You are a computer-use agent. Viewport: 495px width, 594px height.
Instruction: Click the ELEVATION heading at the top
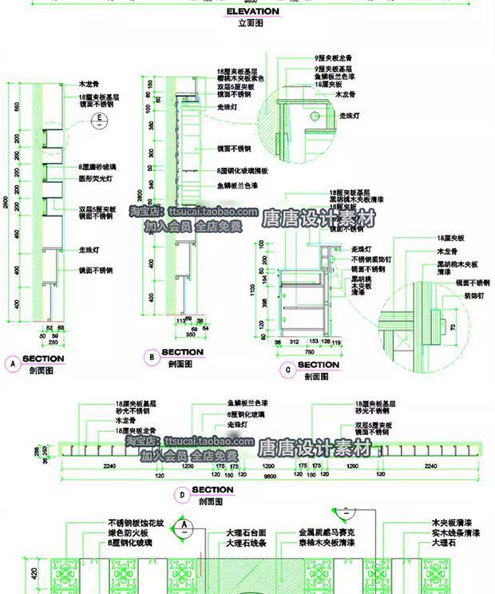252,12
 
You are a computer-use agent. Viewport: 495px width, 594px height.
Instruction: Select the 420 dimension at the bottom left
11,572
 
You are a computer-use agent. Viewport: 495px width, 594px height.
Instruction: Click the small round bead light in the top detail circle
314,115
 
